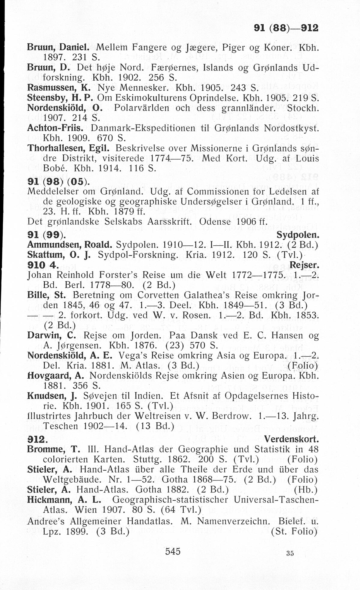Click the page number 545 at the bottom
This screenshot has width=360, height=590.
tap(173, 551)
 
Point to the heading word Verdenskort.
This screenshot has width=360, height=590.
tap(291, 439)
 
